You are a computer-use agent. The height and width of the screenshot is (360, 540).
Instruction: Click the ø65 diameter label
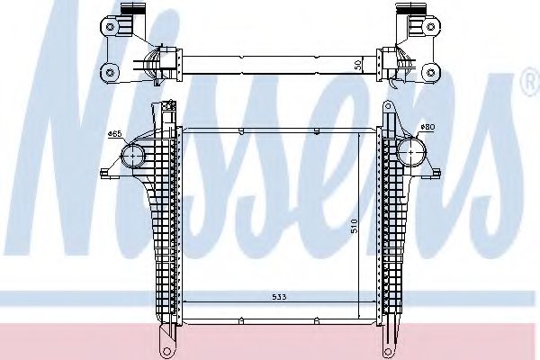(x=114, y=134)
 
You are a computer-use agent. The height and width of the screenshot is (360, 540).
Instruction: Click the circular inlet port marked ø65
(x=132, y=157)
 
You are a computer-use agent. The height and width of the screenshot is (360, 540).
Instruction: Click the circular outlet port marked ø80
(x=411, y=149)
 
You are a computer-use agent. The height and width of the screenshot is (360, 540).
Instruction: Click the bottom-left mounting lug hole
(x=166, y=347)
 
